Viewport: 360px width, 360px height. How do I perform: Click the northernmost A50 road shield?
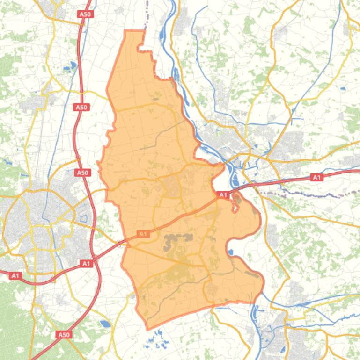[x=85, y=14]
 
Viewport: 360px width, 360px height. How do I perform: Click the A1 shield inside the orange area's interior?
[x=143, y=234]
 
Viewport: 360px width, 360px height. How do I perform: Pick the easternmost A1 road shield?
[x=317, y=177]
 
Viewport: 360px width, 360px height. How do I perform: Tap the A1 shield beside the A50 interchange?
[x=86, y=264]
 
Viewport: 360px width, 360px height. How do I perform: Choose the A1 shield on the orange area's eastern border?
[x=223, y=195]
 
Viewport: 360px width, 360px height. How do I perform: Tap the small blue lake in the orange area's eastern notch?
[x=230, y=252]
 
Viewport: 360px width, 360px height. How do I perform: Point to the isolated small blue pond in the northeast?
[x=343, y=88]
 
